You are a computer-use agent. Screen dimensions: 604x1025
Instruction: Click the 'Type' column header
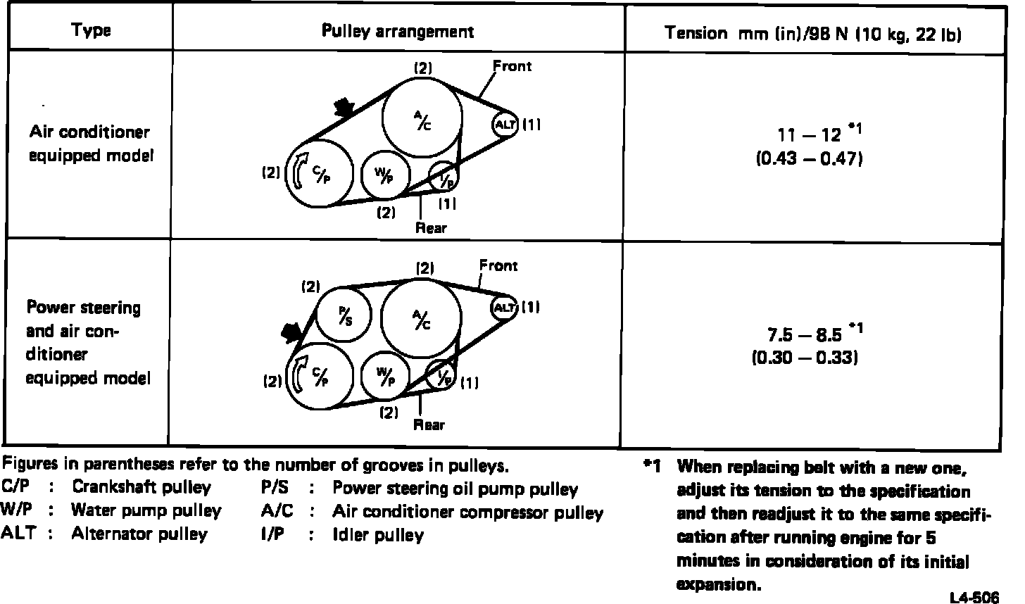(91, 31)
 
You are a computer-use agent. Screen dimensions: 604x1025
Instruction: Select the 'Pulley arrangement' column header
(398, 31)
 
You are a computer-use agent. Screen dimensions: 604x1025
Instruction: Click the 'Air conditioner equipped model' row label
(89, 144)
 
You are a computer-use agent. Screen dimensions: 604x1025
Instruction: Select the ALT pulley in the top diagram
(504, 125)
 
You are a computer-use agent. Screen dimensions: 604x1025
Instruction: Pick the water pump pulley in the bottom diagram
(385, 377)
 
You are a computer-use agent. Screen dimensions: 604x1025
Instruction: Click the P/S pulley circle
(344, 313)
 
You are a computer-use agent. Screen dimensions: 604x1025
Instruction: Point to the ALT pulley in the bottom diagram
(505, 308)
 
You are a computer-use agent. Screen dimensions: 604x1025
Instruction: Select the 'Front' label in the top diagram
(512, 66)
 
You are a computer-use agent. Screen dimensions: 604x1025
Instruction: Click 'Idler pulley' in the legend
(377, 535)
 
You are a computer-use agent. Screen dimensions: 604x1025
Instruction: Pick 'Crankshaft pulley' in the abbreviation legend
(141, 487)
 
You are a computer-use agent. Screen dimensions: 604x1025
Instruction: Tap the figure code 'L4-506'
(974, 598)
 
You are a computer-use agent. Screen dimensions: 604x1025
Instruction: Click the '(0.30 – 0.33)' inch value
(804, 358)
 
